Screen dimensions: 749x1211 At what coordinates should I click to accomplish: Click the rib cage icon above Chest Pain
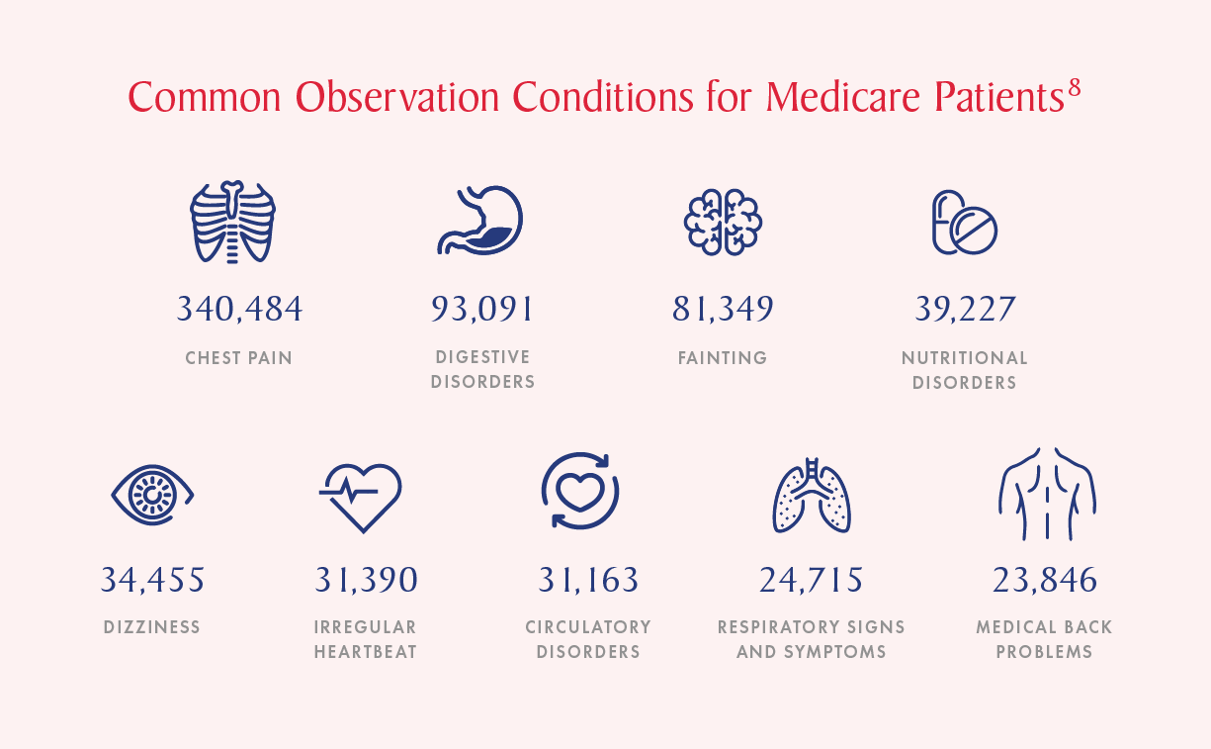pyautogui.click(x=232, y=223)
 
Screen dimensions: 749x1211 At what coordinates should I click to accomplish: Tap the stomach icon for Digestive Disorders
pyautogui.click(x=480, y=221)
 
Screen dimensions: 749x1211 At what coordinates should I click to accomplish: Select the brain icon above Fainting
pyautogui.click(x=723, y=221)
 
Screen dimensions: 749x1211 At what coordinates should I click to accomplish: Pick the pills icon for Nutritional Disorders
pyautogui.click(x=964, y=222)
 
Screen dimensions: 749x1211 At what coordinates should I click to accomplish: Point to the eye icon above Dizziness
pyautogui.click(x=152, y=492)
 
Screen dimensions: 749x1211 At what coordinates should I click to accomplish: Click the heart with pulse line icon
pyautogui.click(x=362, y=494)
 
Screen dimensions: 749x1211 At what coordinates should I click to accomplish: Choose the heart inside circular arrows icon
pyautogui.click(x=580, y=491)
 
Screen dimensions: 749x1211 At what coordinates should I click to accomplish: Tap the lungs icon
pyautogui.click(x=812, y=495)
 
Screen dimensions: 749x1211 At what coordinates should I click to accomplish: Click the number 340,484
pyautogui.click(x=239, y=310)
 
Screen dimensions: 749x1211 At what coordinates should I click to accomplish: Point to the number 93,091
pyautogui.click(x=482, y=310)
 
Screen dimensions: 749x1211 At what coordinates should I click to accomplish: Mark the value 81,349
pyautogui.click(x=723, y=310)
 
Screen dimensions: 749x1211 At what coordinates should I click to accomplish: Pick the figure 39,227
pyautogui.click(x=965, y=310)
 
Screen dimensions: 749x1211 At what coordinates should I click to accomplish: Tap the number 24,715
pyautogui.click(x=812, y=580)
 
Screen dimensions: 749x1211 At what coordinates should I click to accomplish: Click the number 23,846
pyautogui.click(x=1045, y=580)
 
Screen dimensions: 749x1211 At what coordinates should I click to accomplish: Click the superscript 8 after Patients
pyautogui.click(x=1074, y=88)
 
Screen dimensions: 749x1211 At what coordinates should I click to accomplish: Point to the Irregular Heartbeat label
pyautogui.click(x=366, y=639)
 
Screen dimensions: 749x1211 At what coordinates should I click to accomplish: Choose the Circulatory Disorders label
pyautogui.click(x=588, y=639)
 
